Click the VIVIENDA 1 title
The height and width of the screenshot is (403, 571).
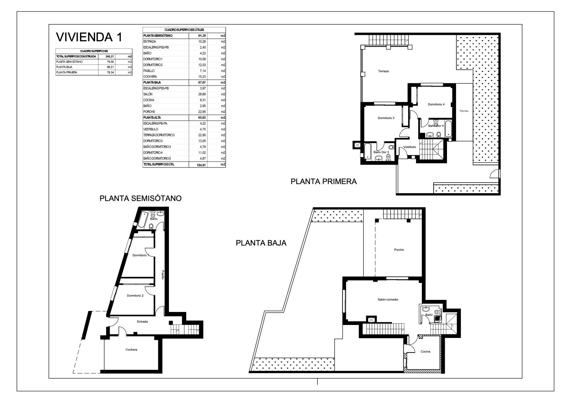[x=90, y=37]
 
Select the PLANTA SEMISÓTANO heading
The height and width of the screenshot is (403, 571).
[x=140, y=198]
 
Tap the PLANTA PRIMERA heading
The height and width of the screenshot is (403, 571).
[x=324, y=181]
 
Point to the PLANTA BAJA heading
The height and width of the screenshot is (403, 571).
[x=261, y=243]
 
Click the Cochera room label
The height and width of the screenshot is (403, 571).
[x=131, y=350]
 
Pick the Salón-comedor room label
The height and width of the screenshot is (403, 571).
[x=390, y=300]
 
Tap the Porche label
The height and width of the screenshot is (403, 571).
[x=399, y=250]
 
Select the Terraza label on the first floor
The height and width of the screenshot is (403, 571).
[x=383, y=71]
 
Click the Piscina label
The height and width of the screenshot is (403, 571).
[x=464, y=111]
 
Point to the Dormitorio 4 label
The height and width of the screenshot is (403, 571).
[x=436, y=104]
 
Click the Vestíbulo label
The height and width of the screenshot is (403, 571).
[x=410, y=147]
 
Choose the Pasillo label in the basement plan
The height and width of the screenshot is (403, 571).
[x=163, y=275]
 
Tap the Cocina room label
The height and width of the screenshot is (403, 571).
[x=425, y=352]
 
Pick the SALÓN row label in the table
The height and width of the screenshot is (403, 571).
[x=148, y=94]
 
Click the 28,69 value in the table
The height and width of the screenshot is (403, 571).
[x=202, y=94]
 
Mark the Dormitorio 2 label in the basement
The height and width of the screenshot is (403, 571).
[x=135, y=296]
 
